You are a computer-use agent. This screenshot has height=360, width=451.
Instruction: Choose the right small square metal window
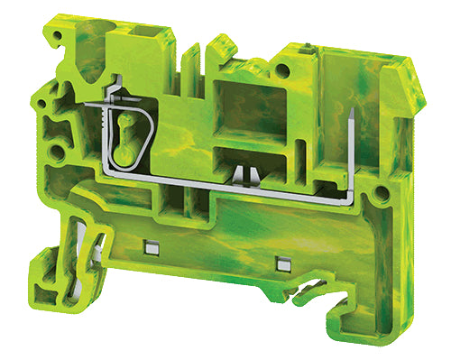tap(283, 264)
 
